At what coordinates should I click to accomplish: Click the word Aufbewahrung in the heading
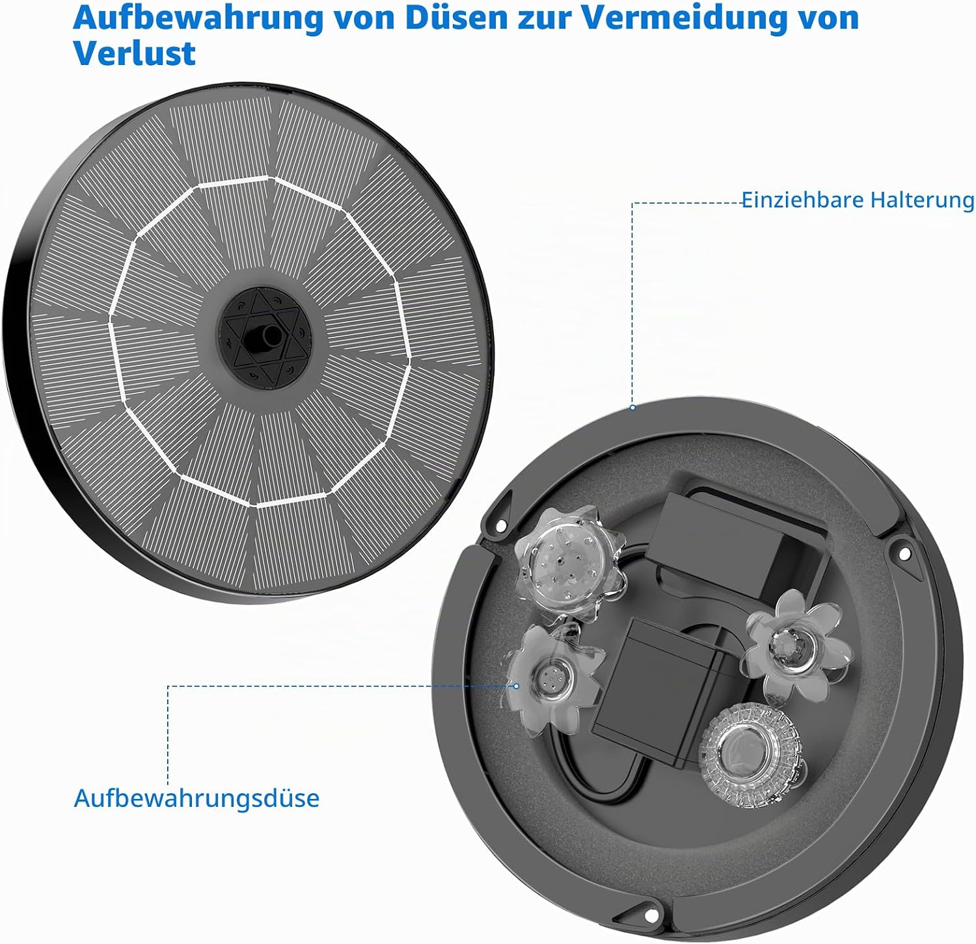(198, 19)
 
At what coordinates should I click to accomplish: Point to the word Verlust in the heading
(134, 53)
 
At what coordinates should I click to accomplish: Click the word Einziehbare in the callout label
(802, 200)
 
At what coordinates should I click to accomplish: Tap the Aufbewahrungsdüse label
(197, 798)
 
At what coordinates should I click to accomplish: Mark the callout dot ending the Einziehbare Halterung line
(632, 408)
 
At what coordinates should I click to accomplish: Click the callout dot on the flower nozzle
(517, 685)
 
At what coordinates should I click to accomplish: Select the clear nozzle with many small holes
(567, 563)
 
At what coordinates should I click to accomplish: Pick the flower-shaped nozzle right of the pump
(795, 645)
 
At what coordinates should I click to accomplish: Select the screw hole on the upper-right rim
(903, 553)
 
